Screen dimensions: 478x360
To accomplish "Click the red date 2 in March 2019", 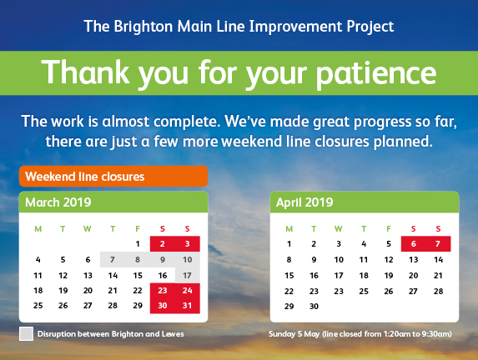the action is (162, 244).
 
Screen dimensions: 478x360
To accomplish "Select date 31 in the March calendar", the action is (187, 306).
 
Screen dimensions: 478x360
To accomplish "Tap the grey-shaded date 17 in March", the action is (187, 276).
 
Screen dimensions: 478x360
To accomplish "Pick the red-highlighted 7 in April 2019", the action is (438, 244).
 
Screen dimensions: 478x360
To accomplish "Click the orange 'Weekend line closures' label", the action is (113, 177).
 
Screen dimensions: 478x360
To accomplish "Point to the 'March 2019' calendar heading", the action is (58, 202).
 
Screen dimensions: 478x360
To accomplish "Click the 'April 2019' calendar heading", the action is (304, 202).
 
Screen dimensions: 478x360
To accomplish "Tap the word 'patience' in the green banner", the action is (375, 73).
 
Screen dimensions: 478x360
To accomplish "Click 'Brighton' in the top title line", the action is (143, 27).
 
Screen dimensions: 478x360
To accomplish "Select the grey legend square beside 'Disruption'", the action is (26, 334).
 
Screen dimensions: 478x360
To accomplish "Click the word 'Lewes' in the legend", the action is (173, 334).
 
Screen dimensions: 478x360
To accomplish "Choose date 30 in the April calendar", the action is (314, 307).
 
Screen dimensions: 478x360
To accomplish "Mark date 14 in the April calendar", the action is (438, 260).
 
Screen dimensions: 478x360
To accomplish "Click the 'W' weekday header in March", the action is (88, 228).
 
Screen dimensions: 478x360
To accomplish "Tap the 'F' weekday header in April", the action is (389, 228).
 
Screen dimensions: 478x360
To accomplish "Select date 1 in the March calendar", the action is (138, 244).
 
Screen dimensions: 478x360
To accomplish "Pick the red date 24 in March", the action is (187, 291).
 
